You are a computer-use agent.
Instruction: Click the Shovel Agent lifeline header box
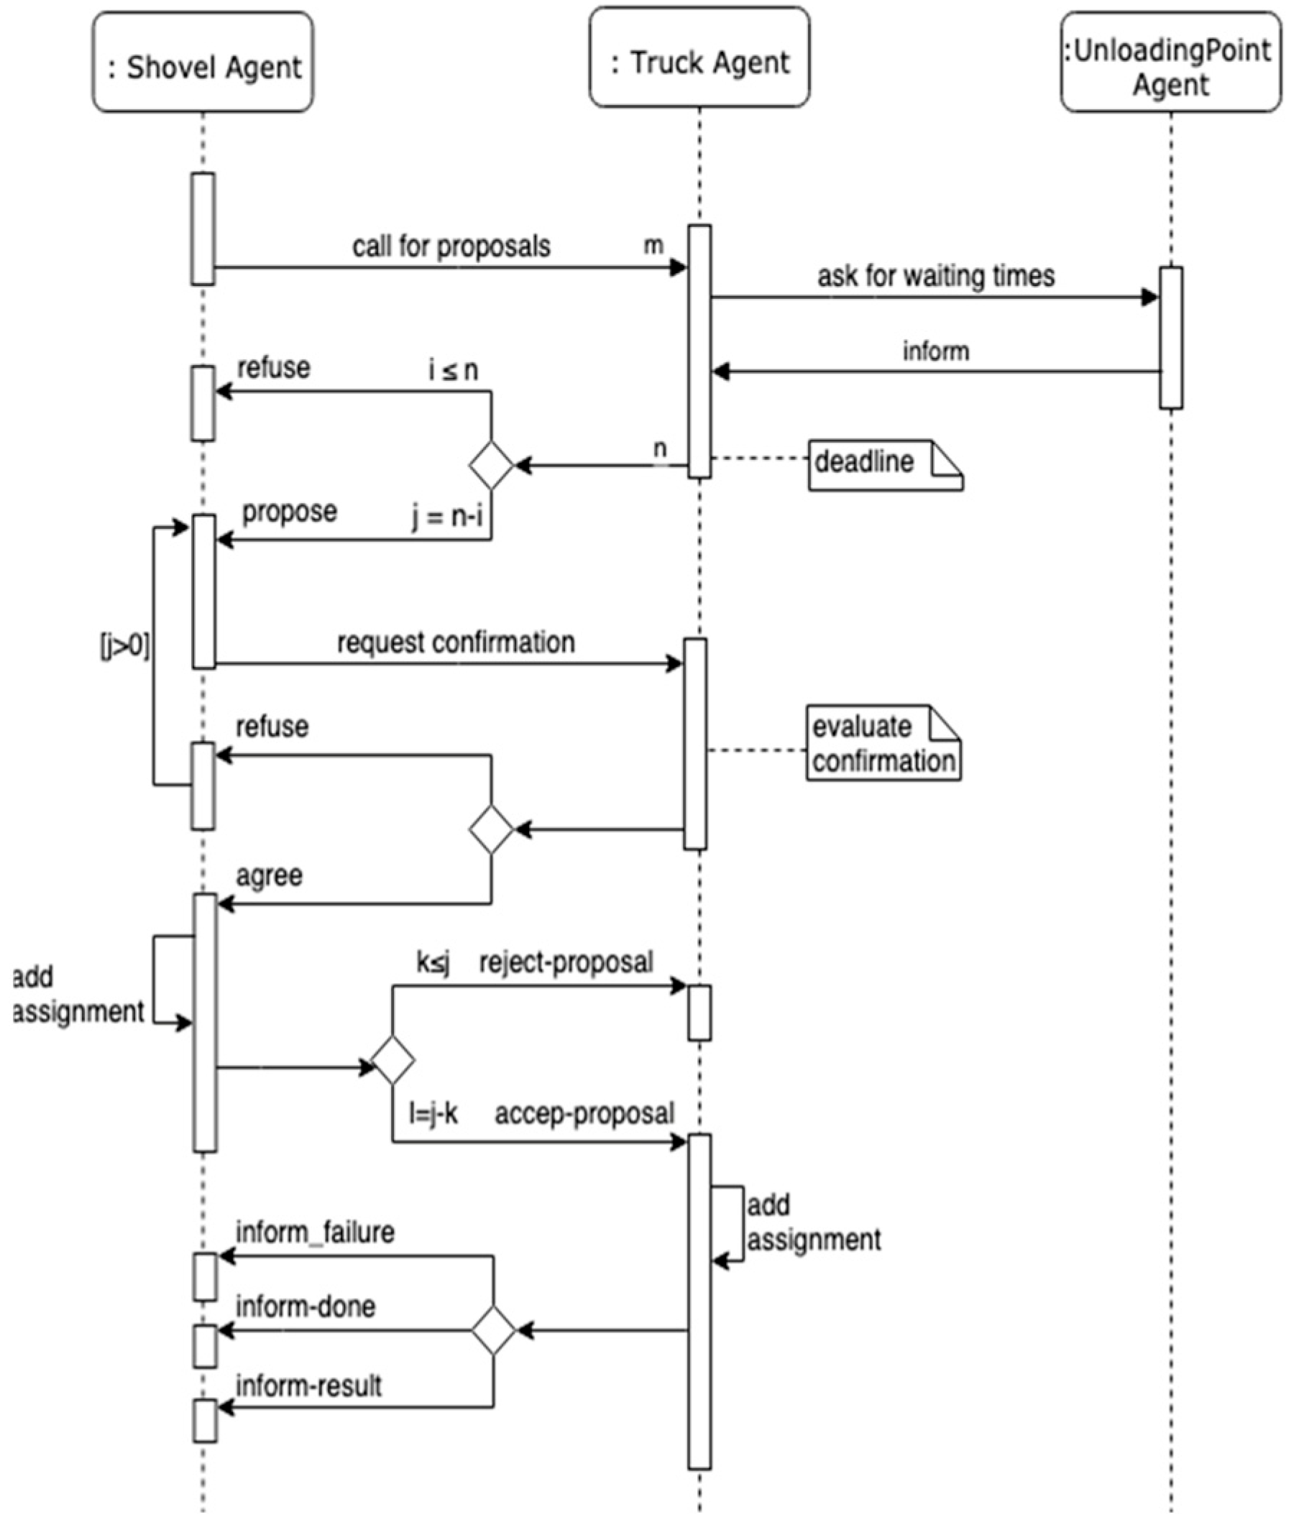[x=203, y=62]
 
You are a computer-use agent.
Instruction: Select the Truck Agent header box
[x=699, y=57]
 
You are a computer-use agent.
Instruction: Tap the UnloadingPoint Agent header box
[x=1171, y=62]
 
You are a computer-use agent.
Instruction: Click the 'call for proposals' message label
[x=451, y=247]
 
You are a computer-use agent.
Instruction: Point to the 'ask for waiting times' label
[x=936, y=277]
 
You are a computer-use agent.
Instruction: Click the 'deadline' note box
[x=886, y=465]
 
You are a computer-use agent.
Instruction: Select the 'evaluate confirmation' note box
[x=883, y=743]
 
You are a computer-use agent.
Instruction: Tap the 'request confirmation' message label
[x=456, y=642]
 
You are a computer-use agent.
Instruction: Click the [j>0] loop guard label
[x=124, y=646]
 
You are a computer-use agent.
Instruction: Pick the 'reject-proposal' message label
[x=566, y=962]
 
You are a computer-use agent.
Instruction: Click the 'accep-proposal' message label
[x=584, y=1114]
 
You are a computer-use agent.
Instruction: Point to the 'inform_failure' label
[x=315, y=1233]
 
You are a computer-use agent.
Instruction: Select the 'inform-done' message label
[x=305, y=1307]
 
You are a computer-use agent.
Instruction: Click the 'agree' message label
[x=270, y=876]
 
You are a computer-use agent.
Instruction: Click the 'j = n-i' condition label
[x=446, y=518]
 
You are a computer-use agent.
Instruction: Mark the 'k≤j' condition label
[x=433, y=963]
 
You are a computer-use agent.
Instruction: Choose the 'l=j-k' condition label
[x=433, y=1114]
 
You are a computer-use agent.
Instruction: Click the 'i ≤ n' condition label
[x=453, y=371]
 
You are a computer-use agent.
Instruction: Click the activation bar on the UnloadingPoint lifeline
[x=1171, y=337]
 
